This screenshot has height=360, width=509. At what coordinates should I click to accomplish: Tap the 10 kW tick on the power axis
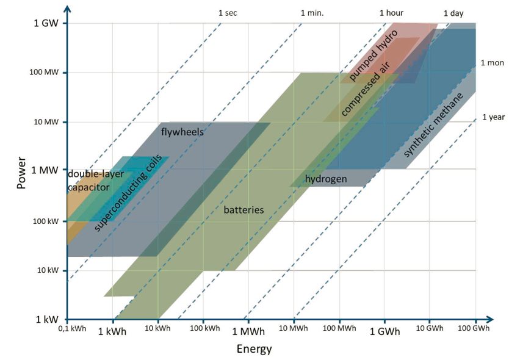tap(48, 270)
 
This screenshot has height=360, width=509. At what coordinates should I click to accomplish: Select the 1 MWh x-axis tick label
tap(248, 331)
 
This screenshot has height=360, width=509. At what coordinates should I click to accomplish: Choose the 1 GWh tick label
tap(384, 331)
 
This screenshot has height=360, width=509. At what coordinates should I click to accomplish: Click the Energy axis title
tap(254, 349)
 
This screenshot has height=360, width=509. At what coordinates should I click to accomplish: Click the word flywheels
tap(182, 132)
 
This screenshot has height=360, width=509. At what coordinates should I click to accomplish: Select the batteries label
tap(244, 210)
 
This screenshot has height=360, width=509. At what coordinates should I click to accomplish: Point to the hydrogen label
tap(326, 179)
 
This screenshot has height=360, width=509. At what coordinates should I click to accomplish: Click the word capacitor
tap(88, 187)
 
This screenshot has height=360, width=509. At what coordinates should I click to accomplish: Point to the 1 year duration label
tap(493, 117)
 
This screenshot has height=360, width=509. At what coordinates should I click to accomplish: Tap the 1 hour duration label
tap(391, 13)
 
